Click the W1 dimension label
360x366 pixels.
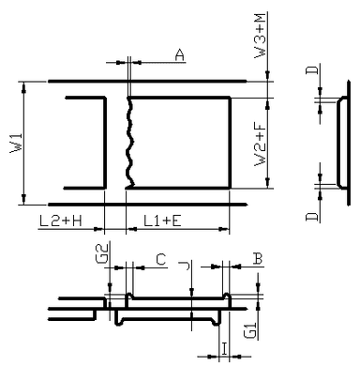pos(16,143)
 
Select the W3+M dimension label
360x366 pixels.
pos(260,36)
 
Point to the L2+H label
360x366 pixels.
pos(61,221)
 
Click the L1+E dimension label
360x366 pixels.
pos(162,221)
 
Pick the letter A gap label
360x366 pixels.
pos(179,54)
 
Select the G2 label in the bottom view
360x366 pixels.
pos(103,253)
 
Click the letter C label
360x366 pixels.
pos(161,259)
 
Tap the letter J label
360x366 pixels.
pos(186,266)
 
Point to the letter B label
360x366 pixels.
pos(258,259)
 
